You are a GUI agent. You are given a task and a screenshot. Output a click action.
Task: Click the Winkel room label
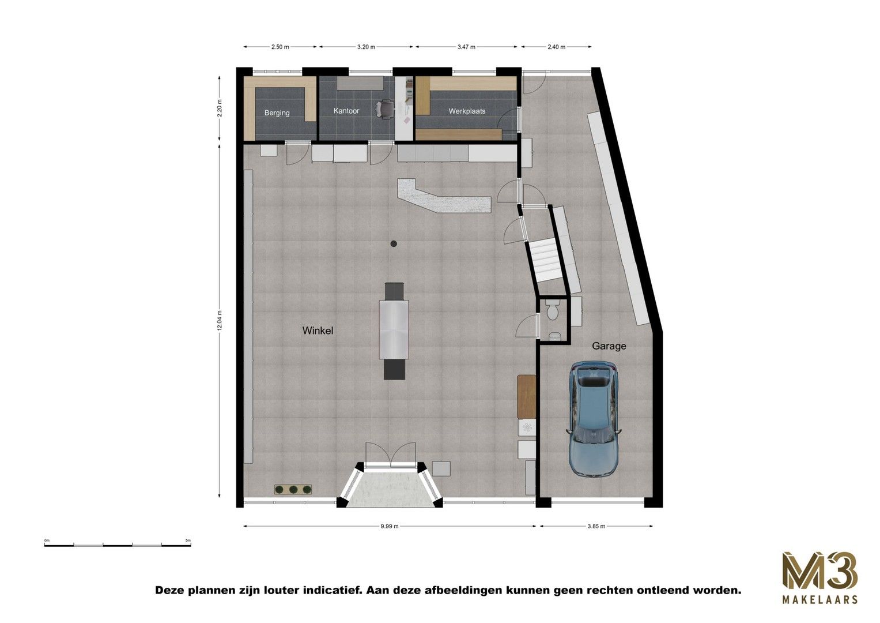click(x=318, y=331)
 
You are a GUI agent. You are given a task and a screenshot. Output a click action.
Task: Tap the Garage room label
click(x=609, y=346)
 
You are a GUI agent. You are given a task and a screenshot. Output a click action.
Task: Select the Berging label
click(x=277, y=112)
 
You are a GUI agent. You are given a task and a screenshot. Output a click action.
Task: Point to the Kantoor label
click(x=346, y=111)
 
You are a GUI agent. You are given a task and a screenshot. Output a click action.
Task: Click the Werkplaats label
click(x=467, y=111)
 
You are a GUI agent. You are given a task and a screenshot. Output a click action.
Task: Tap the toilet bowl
click(x=552, y=311)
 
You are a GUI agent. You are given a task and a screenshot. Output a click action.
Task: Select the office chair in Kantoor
click(x=385, y=107)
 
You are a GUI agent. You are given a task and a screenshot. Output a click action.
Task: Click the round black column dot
click(x=394, y=244)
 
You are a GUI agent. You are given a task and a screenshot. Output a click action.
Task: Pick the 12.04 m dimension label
click(x=220, y=320)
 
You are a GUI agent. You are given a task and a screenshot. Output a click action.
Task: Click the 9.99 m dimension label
click(x=390, y=526)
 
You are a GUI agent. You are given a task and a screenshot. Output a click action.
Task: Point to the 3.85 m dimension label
click(x=596, y=526)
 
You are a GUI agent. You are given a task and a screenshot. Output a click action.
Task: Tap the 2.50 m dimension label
click(x=280, y=47)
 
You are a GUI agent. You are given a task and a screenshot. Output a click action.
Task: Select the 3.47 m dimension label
click(x=466, y=47)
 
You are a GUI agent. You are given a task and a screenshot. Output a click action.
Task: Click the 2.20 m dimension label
click(x=220, y=108)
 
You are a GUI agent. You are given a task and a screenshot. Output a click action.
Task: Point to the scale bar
click(x=118, y=544)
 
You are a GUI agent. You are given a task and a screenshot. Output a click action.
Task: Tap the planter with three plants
click(x=293, y=490)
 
